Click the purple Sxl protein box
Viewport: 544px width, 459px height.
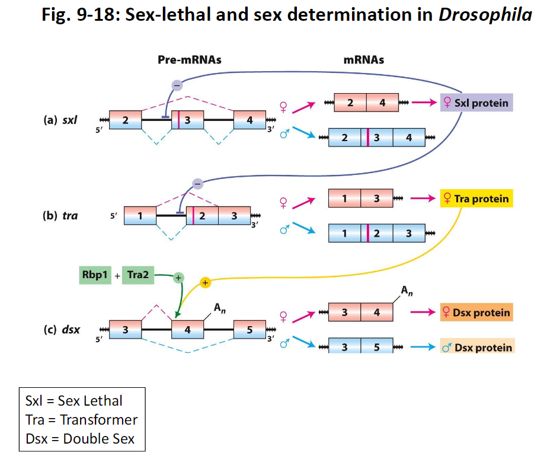click(475, 103)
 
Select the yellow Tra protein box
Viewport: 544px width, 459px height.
click(475, 199)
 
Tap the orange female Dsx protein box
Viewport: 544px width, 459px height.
click(476, 313)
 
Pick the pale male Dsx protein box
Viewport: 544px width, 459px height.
click(477, 347)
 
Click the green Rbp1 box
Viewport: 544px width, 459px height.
click(95, 276)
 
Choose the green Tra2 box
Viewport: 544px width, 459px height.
click(138, 276)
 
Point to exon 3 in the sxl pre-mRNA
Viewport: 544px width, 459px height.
click(188, 120)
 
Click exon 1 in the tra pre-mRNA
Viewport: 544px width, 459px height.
click(140, 216)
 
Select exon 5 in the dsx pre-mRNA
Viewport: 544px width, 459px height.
click(249, 330)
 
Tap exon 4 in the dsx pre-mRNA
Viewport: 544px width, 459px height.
click(188, 330)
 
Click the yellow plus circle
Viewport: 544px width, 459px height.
click(205, 283)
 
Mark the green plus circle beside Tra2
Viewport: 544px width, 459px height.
click(178, 278)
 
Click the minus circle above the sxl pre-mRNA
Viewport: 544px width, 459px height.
click(177, 85)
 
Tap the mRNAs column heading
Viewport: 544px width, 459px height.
click(363, 60)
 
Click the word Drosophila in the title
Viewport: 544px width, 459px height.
click(485, 15)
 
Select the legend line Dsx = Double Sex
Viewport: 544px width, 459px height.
click(80, 439)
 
